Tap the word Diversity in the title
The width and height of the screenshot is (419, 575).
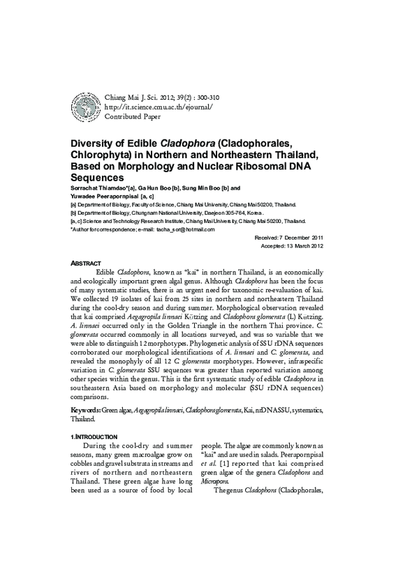click(96, 143)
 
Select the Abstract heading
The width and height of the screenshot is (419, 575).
click(86, 263)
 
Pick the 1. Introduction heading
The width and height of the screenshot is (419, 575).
click(97, 436)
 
